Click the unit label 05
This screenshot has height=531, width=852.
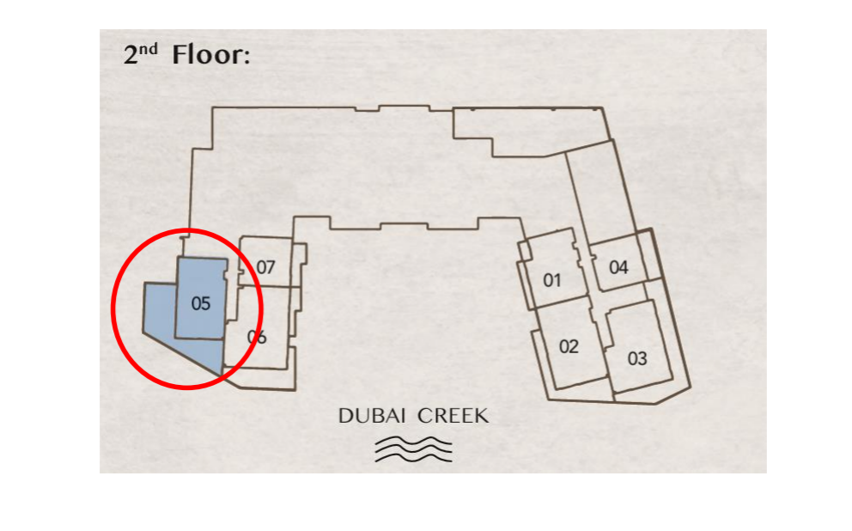tap(200, 303)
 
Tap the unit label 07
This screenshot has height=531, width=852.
tap(265, 267)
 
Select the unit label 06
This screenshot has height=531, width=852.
tap(257, 337)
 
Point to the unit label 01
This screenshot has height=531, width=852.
tap(552, 280)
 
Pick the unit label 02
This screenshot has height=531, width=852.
tap(569, 347)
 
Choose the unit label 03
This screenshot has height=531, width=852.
tap(637, 358)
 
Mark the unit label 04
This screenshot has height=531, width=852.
tap(618, 267)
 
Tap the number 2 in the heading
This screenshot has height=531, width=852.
tap(131, 56)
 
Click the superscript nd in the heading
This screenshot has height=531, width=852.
tap(148, 50)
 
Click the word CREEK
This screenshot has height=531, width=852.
tap(453, 416)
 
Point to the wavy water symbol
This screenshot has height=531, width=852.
tap(413, 450)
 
